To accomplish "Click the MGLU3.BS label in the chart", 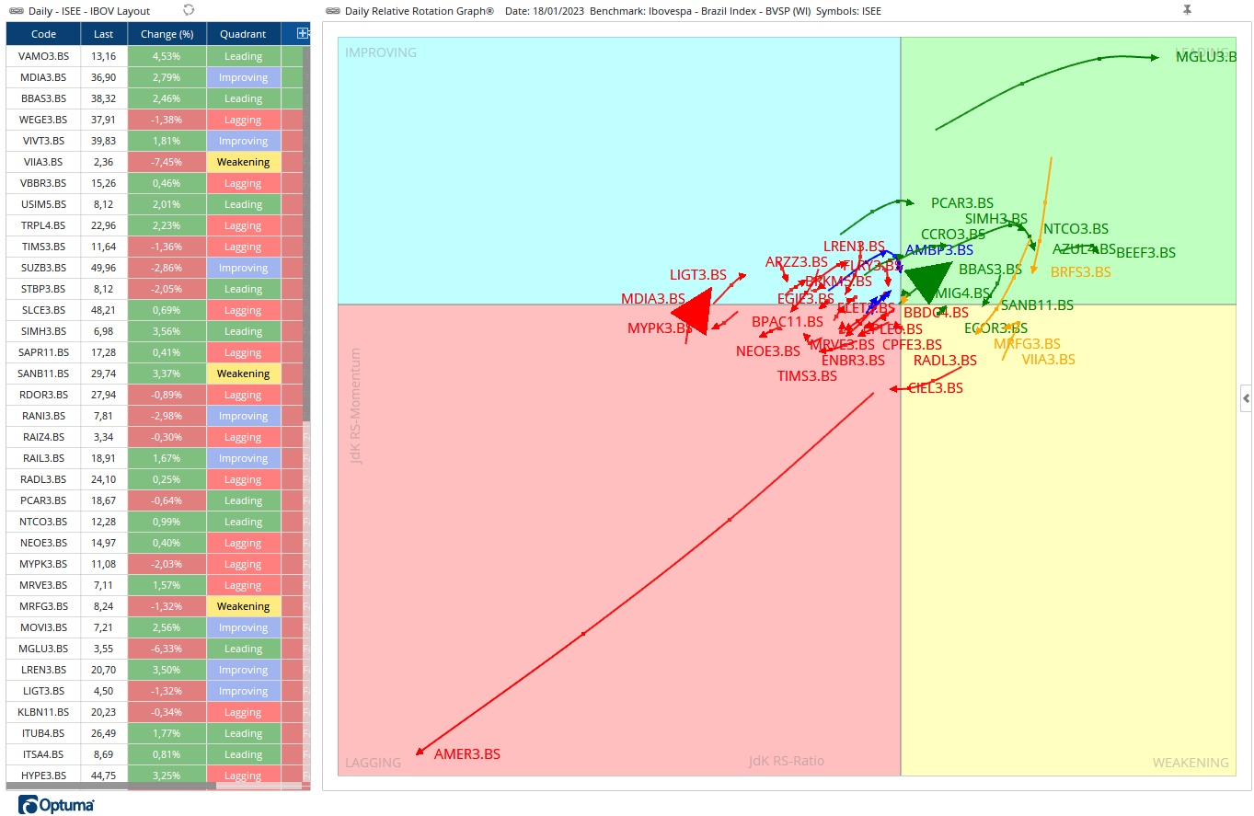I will point(1205,57).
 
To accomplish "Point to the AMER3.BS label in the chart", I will point(467,753).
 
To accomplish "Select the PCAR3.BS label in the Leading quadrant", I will point(961,203).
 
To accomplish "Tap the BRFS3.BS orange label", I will point(1080,272).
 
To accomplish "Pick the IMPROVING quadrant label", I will point(381,52).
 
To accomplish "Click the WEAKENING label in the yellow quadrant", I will point(1190,763).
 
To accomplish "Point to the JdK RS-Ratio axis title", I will point(786,761).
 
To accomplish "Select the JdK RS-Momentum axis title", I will point(356,406).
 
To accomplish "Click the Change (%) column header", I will point(167,34).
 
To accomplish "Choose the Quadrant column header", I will point(243,34).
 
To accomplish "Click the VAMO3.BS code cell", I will point(43,56).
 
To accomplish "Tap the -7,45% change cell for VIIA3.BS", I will point(167,162).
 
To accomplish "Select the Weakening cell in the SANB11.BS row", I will point(243,374).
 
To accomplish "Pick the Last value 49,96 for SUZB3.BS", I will point(104,268).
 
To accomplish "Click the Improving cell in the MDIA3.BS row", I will point(243,77).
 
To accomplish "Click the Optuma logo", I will point(56,806).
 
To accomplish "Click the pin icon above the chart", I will point(1187,10).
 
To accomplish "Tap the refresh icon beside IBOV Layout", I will point(189,10).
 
